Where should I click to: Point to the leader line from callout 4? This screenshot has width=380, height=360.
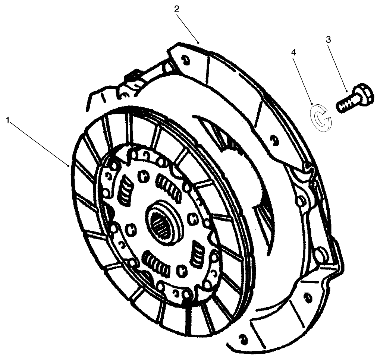tap(303, 79)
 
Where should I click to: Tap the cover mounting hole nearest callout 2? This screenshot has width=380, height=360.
tap(184, 59)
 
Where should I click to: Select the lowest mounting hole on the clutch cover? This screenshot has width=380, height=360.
tap(243, 339)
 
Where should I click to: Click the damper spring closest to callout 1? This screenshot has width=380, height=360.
tap(124, 190)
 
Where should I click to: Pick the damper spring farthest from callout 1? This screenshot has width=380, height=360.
tap(197, 255)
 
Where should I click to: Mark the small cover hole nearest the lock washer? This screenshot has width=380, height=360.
tap(274, 141)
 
